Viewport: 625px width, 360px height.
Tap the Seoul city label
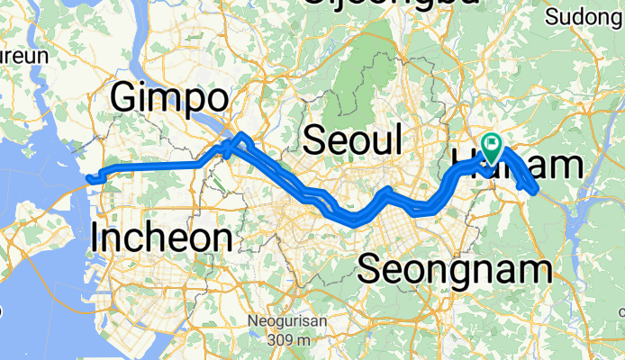(352, 140)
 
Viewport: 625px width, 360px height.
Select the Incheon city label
(162, 238)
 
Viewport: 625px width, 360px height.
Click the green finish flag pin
(493, 145)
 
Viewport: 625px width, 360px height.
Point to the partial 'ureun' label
(23, 55)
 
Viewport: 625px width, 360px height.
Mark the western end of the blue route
(88, 179)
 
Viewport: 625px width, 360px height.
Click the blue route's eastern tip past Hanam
(537, 190)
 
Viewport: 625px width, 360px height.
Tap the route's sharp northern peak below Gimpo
(240, 136)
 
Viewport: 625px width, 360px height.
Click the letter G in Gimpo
(125, 99)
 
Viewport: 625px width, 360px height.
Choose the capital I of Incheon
(96, 238)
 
